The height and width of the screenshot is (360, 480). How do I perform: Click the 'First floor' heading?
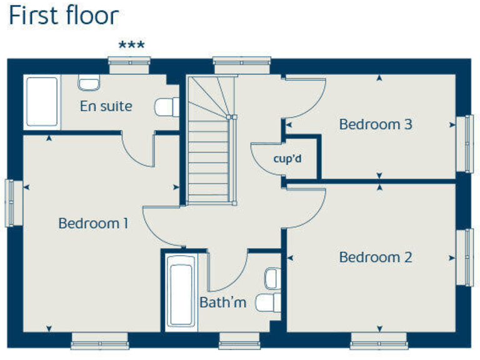coord(63,16)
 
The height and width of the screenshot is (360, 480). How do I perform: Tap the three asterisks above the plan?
coord(131,46)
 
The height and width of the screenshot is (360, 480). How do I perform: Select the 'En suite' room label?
coord(106,106)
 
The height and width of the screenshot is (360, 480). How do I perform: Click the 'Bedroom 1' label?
coord(93,223)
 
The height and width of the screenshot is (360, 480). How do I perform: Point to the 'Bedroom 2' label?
coord(375,257)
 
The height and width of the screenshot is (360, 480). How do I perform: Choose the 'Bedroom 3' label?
coord(375,124)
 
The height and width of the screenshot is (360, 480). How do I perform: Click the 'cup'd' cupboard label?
coord(287,159)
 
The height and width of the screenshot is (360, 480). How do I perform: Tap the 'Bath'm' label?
coord(222,302)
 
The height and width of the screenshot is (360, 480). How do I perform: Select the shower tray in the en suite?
coord(41,101)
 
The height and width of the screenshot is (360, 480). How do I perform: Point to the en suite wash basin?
coord(89,82)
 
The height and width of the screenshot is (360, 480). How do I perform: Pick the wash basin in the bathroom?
coord(273,277)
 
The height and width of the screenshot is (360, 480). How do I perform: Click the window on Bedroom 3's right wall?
coord(466,143)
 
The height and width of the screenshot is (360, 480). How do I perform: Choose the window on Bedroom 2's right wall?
coord(466,257)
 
